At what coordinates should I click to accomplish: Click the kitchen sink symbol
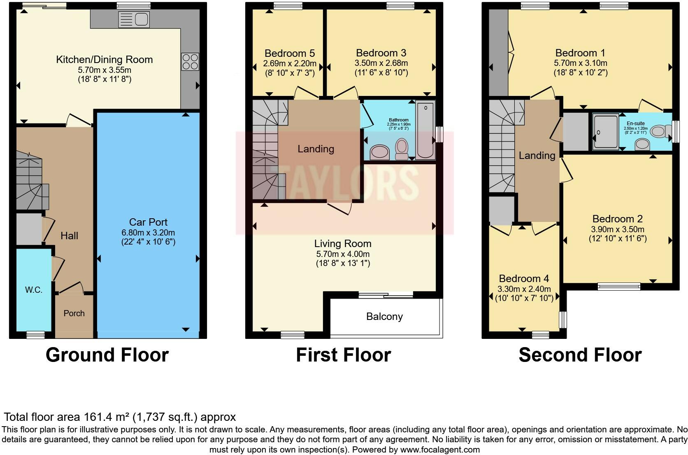pyautogui.click(x=134, y=19)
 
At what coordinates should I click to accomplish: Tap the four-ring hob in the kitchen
pyautogui.click(x=190, y=61)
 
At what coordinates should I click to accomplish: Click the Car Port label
pyautogui.click(x=148, y=222)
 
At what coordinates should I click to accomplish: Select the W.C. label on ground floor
pyautogui.click(x=34, y=290)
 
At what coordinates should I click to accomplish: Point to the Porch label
pyautogui.click(x=74, y=313)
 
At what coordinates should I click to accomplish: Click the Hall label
pyautogui.click(x=69, y=236)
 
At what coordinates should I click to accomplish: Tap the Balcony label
pyautogui.click(x=384, y=317)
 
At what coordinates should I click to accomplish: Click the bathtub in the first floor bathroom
pyautogui.click(x=425, y=130)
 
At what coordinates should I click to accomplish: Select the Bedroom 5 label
pyautogui.click(x=290, y=53)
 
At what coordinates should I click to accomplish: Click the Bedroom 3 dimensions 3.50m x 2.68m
pyautogui.click(x=381, y=63)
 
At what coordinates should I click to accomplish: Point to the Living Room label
pyautogui.click(x=343, y=244)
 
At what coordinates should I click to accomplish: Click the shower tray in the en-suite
pyautogui.click(x=605, y=131)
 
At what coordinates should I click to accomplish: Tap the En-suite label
pyautogui.click(x=636, y=124)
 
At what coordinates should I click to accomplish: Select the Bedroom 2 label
pyautogui.click(x=617, y=219)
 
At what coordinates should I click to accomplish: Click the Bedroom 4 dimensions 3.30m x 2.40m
pyautogui.click(x=524, y=289)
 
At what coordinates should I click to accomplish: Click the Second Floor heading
pyautogui.click(x=580, y=355)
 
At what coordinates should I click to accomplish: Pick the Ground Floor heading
pyautogui.click(x=107, y=355)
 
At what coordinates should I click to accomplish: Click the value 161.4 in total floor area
pyautogui.click(x=99, y=417)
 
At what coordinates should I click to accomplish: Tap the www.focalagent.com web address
pyautogui.click(x=440, y=450)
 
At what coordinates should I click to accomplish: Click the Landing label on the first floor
pyautogui.click(x=316, y=149)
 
